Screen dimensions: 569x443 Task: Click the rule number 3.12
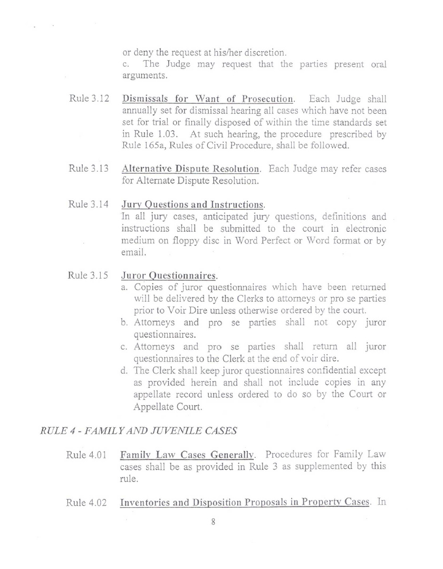[89, 100]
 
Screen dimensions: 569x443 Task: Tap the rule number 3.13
[89, 170]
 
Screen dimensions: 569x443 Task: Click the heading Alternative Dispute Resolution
[191, 170]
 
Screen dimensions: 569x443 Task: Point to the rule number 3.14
[89, 204]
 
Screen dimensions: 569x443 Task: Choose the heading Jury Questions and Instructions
[192, 204]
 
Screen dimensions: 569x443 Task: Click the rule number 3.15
[89, 275]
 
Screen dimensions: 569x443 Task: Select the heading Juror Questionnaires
[169, 275]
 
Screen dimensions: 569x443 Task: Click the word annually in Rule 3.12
[139, 111]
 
